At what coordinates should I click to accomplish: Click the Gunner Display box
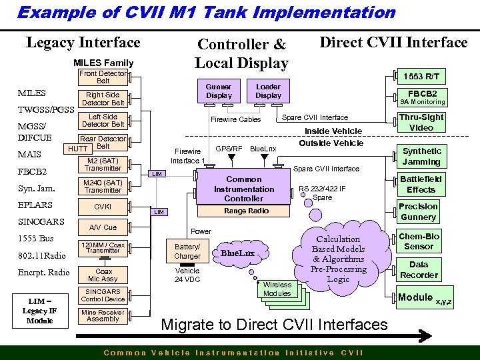click(x=219, y=91)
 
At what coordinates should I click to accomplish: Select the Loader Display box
click(x=268, y=91)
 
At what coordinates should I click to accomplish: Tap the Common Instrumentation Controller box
click(x=243, y=189)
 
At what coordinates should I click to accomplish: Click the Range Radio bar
click(x=246, y=211)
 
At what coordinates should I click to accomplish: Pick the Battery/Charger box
click(x=187, y=251)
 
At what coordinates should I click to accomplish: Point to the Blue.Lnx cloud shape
click(x=237, y=253)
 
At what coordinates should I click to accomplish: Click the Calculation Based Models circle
click(x=338, y=259)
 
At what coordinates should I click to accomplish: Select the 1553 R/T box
click(x=423, y=77)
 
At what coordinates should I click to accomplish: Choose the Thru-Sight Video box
click(x=421, y=123)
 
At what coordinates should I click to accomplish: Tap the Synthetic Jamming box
click(x=421, y=156)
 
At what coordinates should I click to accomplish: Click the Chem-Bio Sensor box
click(x=419, y=241)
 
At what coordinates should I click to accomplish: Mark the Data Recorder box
click(x=419, y=269)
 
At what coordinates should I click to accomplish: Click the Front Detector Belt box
click(x=103, y=77)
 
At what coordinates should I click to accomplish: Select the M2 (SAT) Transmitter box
click(x=103, y=164)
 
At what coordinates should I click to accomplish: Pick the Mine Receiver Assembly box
click(x=103, y=315)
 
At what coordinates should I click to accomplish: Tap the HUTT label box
click(x=77, y=149)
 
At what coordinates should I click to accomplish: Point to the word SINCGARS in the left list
click(x=41, y=221)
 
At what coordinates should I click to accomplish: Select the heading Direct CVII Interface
click(x=393, y=43)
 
